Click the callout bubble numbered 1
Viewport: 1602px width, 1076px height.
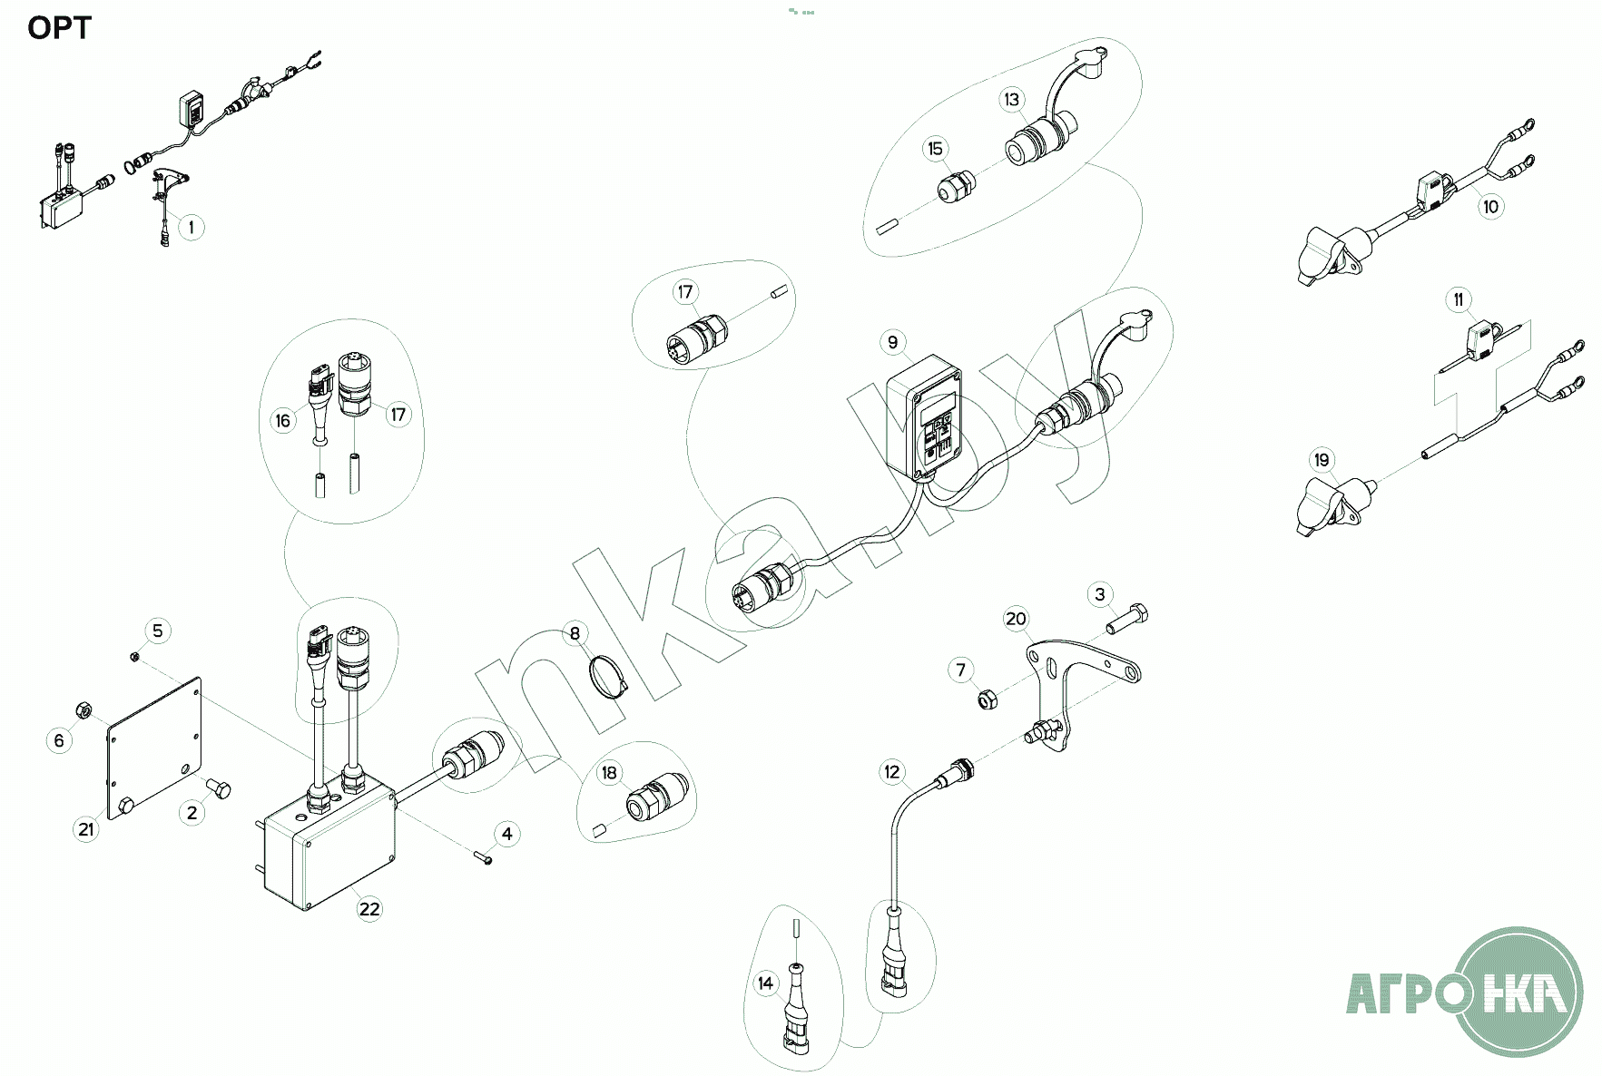coord(191,227)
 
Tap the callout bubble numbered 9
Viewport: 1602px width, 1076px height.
coord(892,342)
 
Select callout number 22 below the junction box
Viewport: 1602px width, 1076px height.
coord(369,908)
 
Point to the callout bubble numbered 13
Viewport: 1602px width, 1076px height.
coord(1012,100)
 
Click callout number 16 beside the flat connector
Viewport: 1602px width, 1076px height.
coord(283,420)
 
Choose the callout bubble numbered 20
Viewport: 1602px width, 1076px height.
coord(1016,619)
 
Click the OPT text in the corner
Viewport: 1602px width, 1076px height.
coord(59,28)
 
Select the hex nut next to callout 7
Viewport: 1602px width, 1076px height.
coord(988,699)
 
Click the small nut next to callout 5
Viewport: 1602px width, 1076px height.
coord(134,656)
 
